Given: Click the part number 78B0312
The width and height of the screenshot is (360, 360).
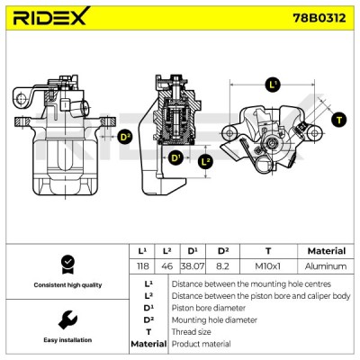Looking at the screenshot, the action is [x=319, y=18].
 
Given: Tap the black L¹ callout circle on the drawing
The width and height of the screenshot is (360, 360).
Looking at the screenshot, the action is [x=273, y=85].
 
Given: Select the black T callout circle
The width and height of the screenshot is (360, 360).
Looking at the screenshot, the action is [x=339, y=120].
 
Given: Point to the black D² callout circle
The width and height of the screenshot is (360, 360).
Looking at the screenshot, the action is [x=125, y=137].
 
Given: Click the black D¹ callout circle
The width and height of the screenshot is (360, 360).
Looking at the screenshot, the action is [x=175, y=157].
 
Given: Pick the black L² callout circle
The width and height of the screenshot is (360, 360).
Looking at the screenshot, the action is [x=205, y=162].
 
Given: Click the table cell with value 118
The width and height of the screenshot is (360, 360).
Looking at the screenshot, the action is [x=142, y=266].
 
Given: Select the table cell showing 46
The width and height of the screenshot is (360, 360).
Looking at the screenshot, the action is [x=166, y=266].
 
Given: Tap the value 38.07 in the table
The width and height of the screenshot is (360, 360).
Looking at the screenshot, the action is [x=193, y=266].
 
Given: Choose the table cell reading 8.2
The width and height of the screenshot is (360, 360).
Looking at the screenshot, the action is [x=222, y=266].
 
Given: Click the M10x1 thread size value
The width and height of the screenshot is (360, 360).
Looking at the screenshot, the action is [x=268, y=266].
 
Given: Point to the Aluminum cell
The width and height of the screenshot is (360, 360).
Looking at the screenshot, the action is [x=326, y=266].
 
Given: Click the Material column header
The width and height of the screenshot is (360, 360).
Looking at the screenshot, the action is [x=327, y=251].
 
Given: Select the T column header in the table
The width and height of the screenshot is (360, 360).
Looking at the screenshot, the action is [x=268, y=251].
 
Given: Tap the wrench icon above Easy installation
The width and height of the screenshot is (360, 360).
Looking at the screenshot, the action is [x=67, y=319].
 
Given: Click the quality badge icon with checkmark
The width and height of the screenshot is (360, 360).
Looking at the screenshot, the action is [x=67, y=265].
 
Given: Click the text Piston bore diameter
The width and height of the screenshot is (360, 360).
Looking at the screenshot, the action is [x=209, y=308].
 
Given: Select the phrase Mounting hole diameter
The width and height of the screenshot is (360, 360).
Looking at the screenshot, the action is [x=214, y=320].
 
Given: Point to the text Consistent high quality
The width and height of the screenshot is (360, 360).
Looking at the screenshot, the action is [x=67, y=285].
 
